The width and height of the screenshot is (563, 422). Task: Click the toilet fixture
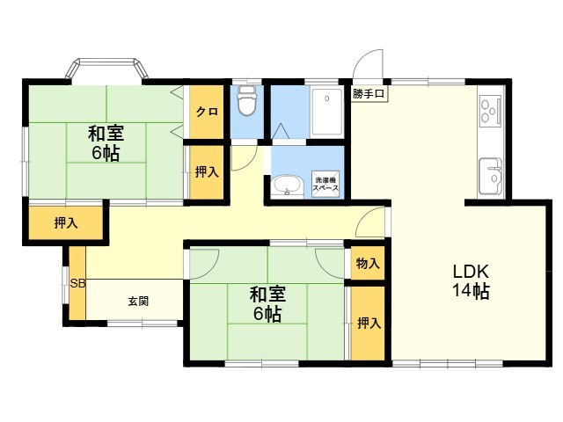[247, 100]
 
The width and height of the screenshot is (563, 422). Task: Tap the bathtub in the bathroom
[326, 112]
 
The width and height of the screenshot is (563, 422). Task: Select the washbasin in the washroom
[288, 186]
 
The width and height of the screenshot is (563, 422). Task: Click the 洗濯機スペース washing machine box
[325, 184]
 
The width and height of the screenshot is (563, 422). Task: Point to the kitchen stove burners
[489, 110]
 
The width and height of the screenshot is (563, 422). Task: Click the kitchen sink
[490, 177]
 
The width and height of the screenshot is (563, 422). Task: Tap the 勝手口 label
[369, 94]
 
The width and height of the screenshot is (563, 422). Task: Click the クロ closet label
[207, 112]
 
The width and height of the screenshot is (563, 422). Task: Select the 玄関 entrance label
[138, 302]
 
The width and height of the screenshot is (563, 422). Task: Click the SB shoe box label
[77, 284]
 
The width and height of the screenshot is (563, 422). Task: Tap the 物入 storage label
[368, 264]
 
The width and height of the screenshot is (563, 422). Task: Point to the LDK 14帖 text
[471, 281]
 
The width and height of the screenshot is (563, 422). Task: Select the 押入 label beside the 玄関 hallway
[66, 223]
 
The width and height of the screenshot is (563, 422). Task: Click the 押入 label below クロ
[207, 172]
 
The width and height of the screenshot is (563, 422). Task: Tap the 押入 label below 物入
[369, 324]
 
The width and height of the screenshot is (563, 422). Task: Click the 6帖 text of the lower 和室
[267, 315]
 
